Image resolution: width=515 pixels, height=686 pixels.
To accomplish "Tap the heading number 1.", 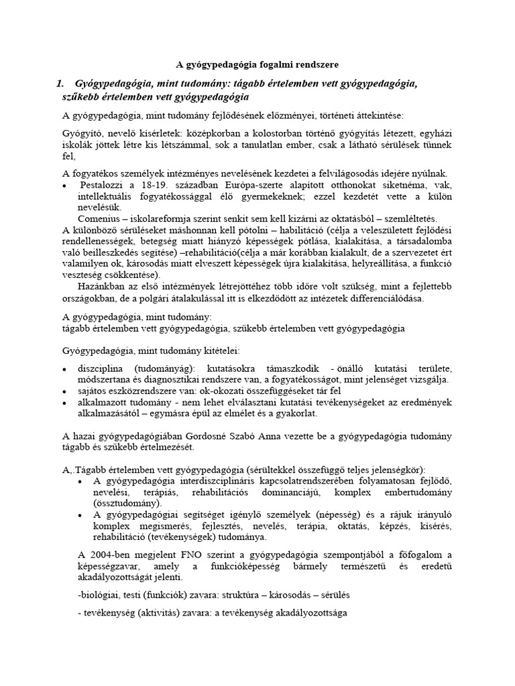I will coord(60,84).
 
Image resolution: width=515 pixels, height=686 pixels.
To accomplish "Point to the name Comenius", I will coord(101,218).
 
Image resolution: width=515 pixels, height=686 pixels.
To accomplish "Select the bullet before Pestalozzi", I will coord(64,186).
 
